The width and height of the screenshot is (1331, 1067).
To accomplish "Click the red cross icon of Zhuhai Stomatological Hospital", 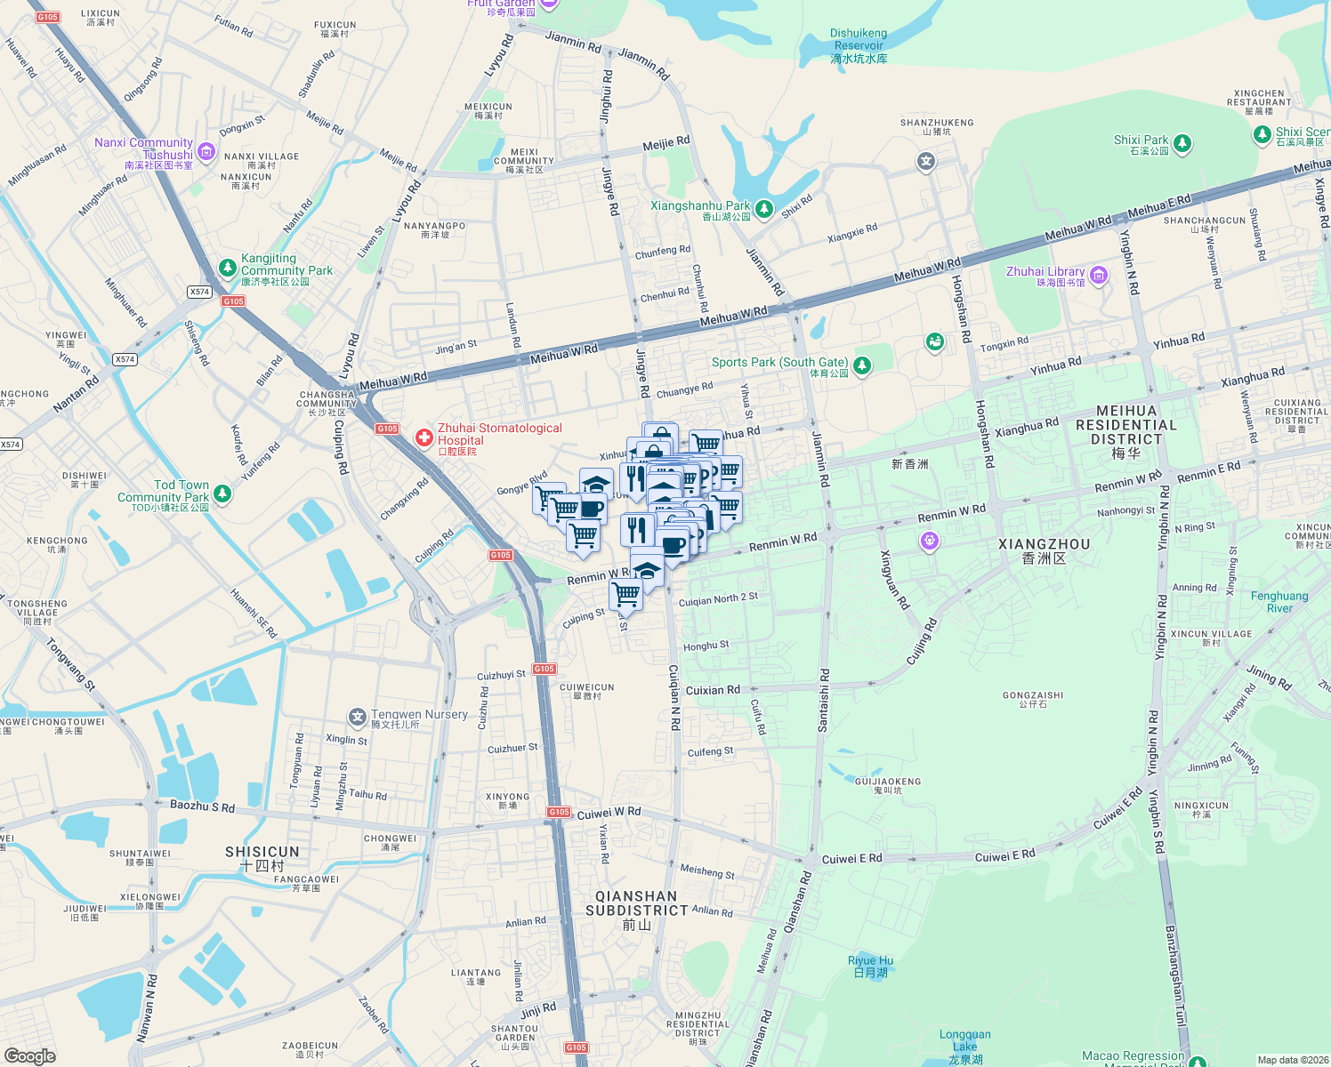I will coord(424,437).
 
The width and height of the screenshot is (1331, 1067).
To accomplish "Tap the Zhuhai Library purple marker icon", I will coord(1098,276).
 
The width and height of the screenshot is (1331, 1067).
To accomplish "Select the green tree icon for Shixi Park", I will coord(1182,142).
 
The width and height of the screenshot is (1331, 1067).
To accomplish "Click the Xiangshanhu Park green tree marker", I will coord(763,209).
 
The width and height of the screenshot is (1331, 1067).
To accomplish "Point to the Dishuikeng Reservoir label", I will coord(859,45).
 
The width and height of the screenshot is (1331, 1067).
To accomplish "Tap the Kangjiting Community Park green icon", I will coord(228,268).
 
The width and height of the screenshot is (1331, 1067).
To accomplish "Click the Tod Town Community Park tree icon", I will coord(222,493).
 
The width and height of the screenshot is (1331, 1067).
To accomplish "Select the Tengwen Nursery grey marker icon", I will coord(358,717).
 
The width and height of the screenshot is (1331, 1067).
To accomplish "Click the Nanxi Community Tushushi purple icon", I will coord(206,152).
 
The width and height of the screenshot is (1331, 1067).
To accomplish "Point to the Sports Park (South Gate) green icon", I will coord(861,365).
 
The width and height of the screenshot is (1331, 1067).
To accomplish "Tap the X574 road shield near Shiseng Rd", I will coord(199,292).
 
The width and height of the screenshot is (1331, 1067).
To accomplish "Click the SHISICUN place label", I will coord(262,858).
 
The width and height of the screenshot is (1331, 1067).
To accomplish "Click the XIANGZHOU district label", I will coord(1044,550).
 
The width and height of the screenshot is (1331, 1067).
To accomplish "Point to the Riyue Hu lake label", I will coord(870,966).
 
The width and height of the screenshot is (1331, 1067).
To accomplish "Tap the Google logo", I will coord(29,1056).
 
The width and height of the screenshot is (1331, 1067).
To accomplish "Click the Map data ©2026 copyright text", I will coord(1293,1060).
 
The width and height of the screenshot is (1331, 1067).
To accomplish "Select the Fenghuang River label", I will coord(1279,602).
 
